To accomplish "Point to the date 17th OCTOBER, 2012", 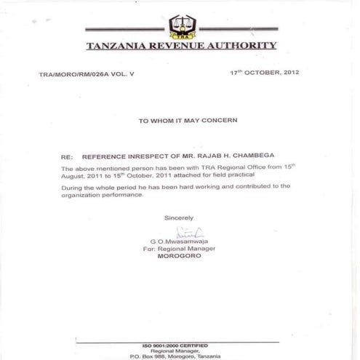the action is pyautogui.click(x=264, y=73).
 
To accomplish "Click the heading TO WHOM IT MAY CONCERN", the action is pyautogui.click(x=188, y=121).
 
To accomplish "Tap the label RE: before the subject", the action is pyautogui.click(x=67, y=156).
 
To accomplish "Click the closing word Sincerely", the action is pyautogui.click(x=179, y=217).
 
